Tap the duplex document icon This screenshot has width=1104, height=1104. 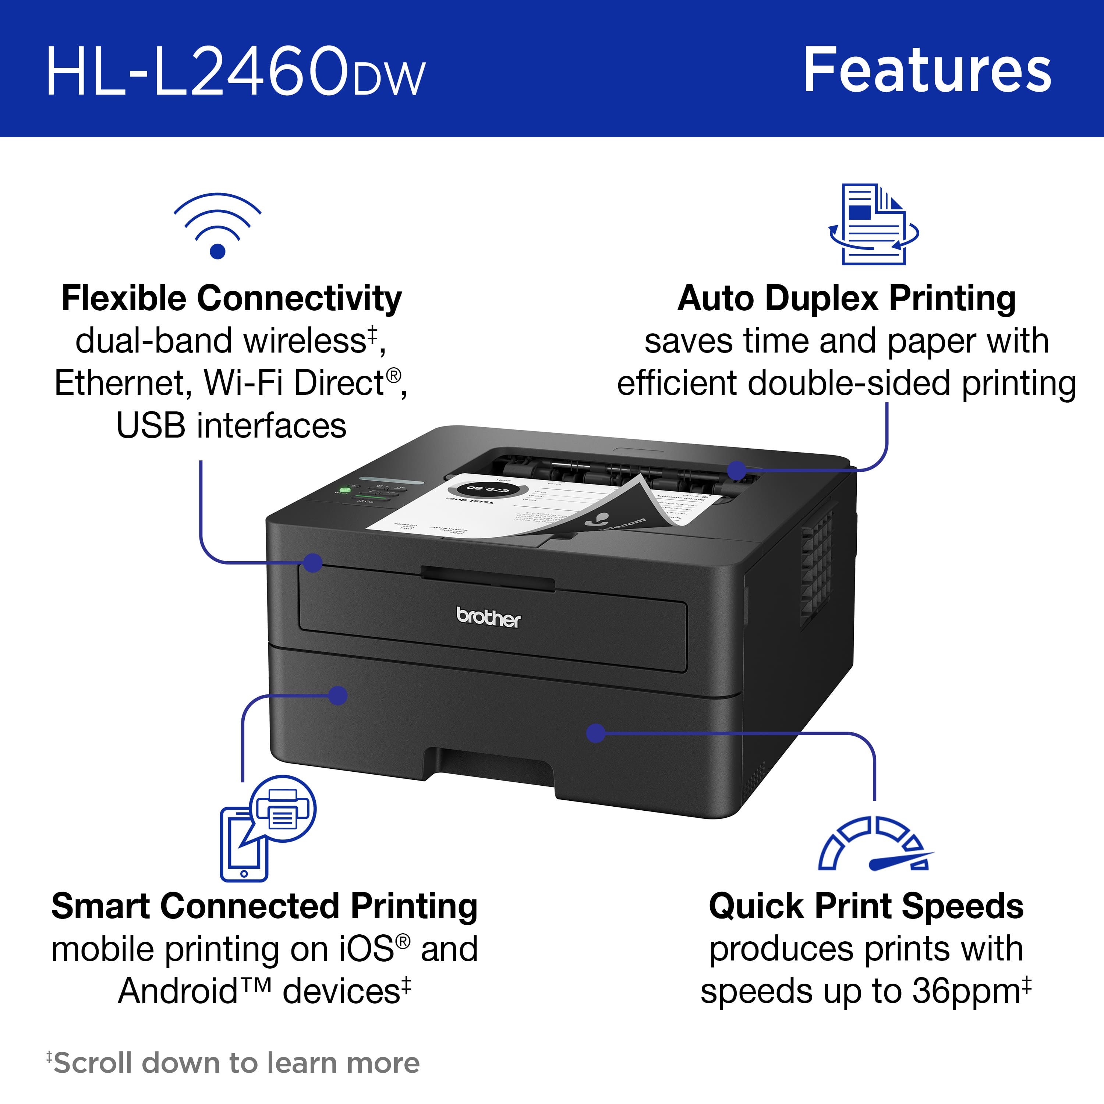[873, 224]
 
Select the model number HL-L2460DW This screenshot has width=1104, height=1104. [236, 72]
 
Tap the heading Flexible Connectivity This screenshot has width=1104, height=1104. [231, 298]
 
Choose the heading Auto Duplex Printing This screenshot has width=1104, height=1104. [846, 298]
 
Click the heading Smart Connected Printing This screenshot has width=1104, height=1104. [264, 906]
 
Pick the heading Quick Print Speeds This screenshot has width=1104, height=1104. [866, 906]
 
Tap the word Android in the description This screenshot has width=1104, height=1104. [177, 991]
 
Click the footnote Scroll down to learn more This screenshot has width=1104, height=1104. [236, 1063]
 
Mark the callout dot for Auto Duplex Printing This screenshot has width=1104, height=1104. [737, 470]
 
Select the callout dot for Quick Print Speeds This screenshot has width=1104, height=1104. [596, 733]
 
